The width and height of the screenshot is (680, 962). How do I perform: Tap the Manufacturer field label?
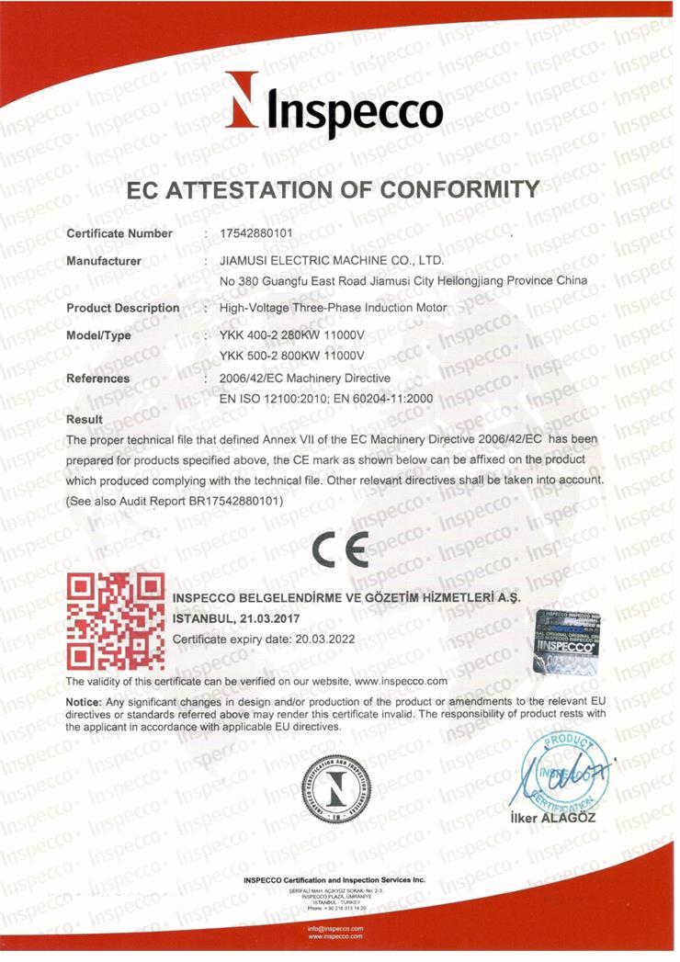click(x=104, y=261)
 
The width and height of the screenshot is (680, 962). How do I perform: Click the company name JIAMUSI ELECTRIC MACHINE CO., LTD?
click(x=332, y=261)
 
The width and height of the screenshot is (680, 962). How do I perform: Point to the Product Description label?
click(x=123, y=308)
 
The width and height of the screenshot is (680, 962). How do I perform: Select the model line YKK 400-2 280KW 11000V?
click(x=292, y=335)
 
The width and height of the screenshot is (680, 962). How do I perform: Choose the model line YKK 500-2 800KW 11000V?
click(x=292, y=355)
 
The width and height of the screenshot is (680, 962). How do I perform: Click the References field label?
click(x=98, y=379)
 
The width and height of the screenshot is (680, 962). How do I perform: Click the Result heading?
click(x=85, y=420)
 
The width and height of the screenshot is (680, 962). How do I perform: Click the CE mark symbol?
click(x=339, y=549)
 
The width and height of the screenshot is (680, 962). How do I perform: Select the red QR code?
click(x=116, y=621)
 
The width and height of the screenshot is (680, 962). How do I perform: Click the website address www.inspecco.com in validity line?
click(x=400, y=682)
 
